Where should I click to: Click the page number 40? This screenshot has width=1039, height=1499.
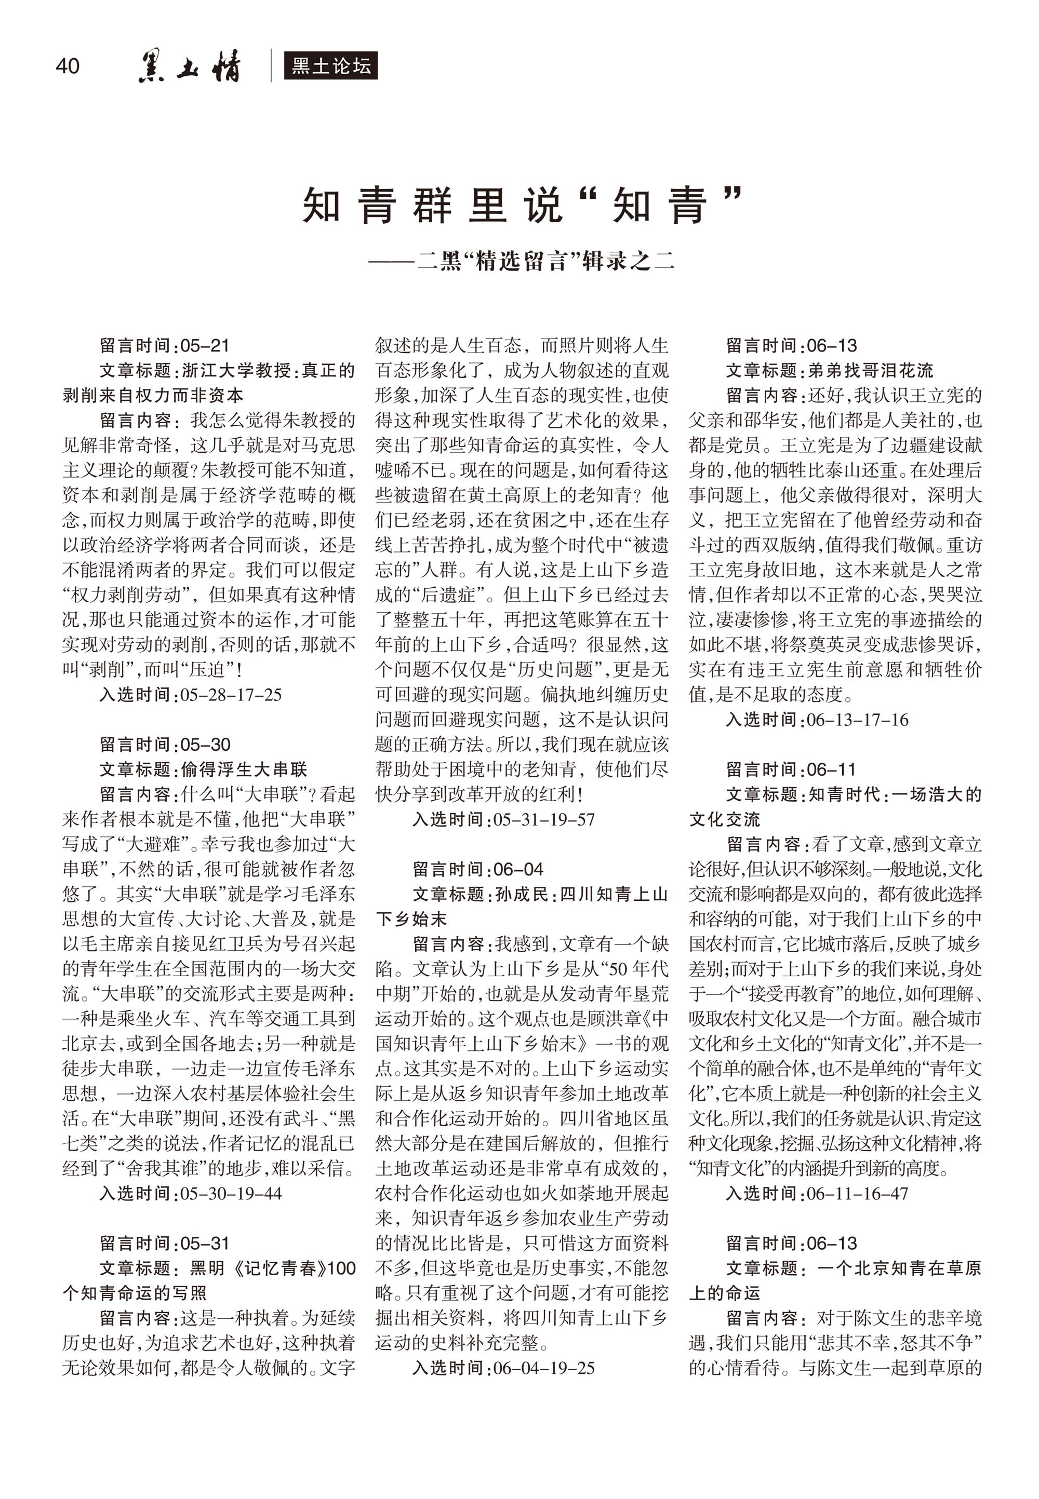click(68, 66)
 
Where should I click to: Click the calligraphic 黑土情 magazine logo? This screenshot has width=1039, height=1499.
click(190, 67)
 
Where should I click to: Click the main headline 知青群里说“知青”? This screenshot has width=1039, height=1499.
click(522, 205)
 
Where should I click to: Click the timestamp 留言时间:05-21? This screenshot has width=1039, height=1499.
click(165, 345)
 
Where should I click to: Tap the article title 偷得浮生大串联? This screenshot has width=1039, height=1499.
click(244, 769)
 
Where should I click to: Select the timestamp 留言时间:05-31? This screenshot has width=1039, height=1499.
click(165, 1244)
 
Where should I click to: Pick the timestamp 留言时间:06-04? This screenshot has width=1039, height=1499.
click(478, 869)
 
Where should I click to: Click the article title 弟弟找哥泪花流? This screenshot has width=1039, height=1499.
click(871, 371)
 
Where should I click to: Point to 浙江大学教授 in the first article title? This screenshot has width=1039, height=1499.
click(236, 371)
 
